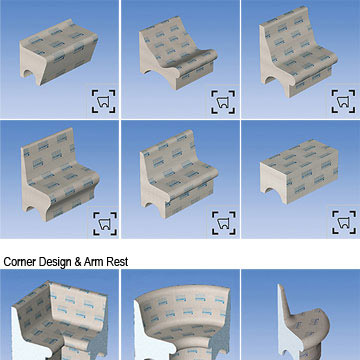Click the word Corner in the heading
[x=20, y=262]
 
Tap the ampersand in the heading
[x=78, y=262]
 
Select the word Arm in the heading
[x=94, y=262]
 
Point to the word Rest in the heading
[x=117, y=262]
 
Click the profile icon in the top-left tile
[x=104, y=101]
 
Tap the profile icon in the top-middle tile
[x=223, y=102]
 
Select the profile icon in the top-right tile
[x=343, y=101]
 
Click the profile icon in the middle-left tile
[x=105, y=223]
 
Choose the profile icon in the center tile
[x=224, y=223]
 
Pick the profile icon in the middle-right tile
[x=344, y=222]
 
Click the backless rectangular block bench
[x=299, y=171]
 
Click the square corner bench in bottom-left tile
[x=60, y=320]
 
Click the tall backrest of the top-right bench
[x=285, y=32]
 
